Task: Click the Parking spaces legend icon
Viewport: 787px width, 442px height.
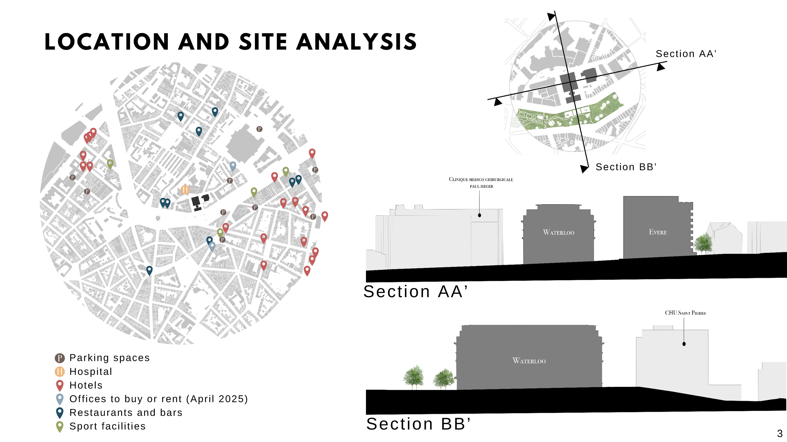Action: [60, 358]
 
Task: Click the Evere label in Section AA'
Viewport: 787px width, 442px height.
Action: [658, 232]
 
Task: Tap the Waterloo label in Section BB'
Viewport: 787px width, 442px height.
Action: [529, 361]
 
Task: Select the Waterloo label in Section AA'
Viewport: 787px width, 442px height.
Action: [558, 232]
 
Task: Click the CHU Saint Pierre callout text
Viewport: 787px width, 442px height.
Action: [685, 313]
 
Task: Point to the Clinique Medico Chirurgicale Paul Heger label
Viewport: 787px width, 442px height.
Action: [481, 182]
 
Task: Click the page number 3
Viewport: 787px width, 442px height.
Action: [780, 433]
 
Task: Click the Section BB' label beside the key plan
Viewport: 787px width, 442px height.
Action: [626, 167]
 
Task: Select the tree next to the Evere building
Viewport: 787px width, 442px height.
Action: [703, 243]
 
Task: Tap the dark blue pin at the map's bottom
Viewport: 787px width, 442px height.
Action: [149, 270]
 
